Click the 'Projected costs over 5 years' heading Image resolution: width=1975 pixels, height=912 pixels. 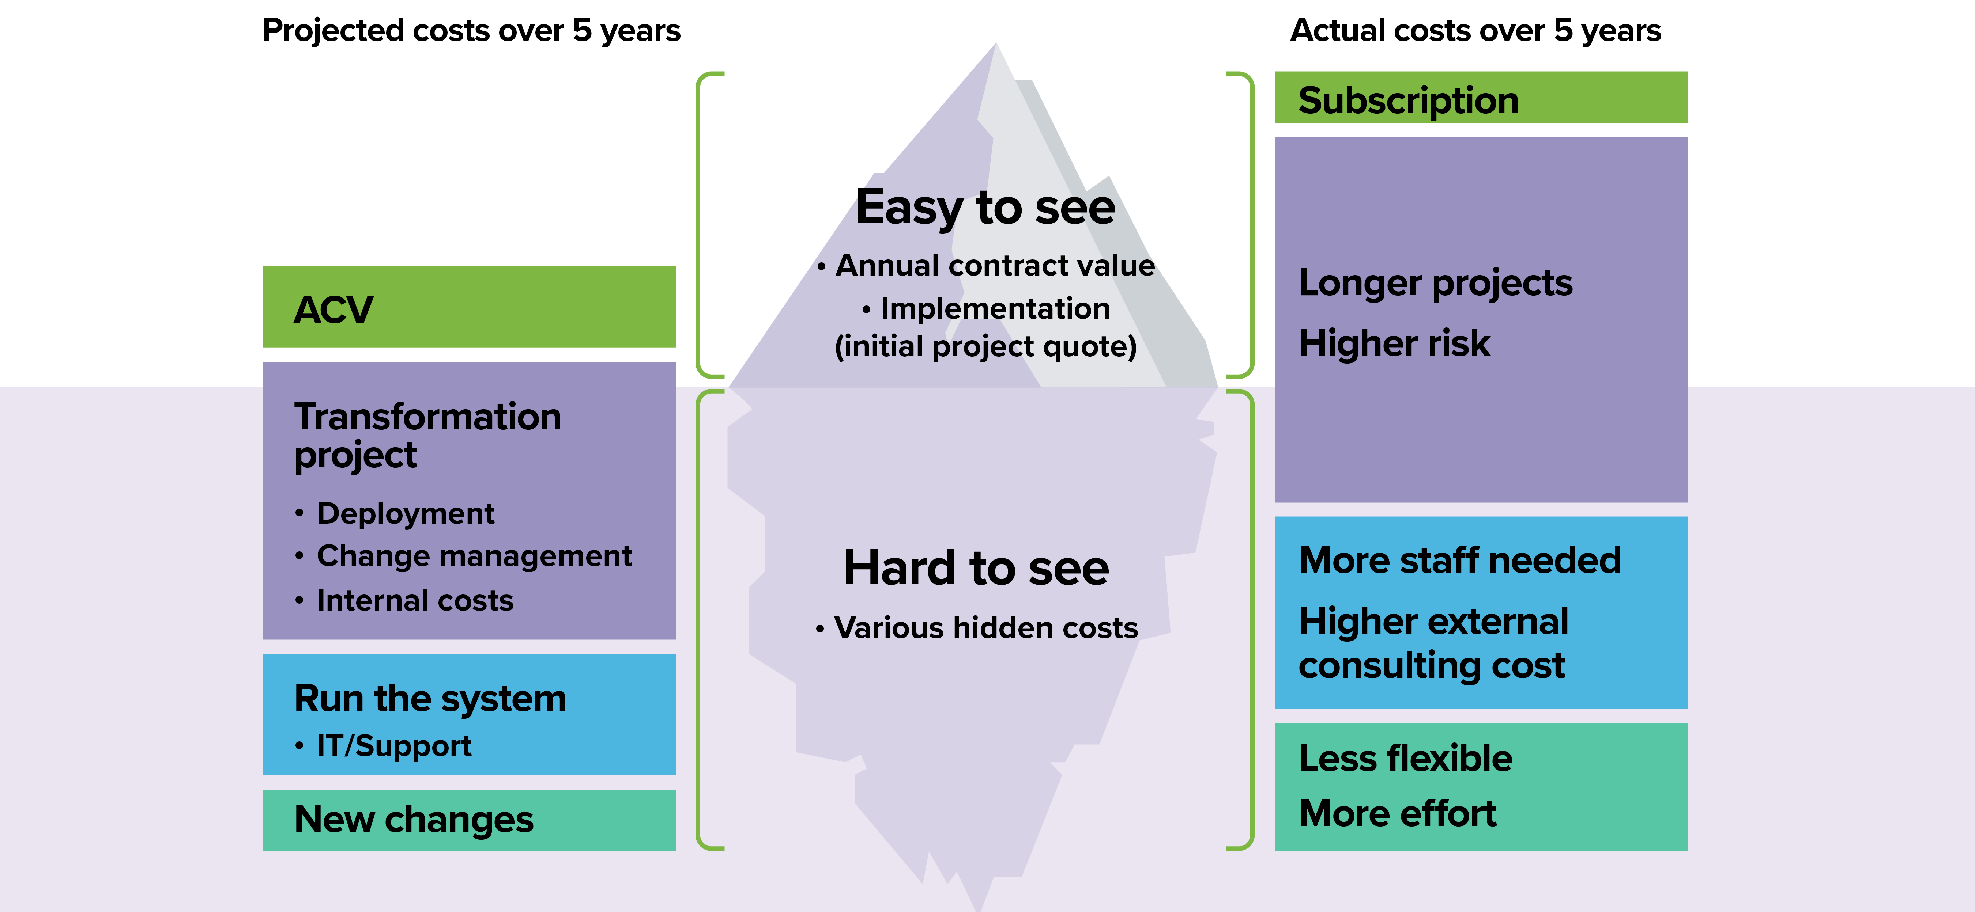point(471,31)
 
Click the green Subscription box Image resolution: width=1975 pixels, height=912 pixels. point(1481,97)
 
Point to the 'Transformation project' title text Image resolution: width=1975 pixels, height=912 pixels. point(428,435)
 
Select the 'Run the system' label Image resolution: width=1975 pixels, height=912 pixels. point(430,699)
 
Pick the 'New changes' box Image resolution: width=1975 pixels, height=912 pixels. point(469,820)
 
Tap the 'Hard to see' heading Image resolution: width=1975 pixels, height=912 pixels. point(976,568)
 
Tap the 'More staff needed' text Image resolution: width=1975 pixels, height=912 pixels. point(1460,560)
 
